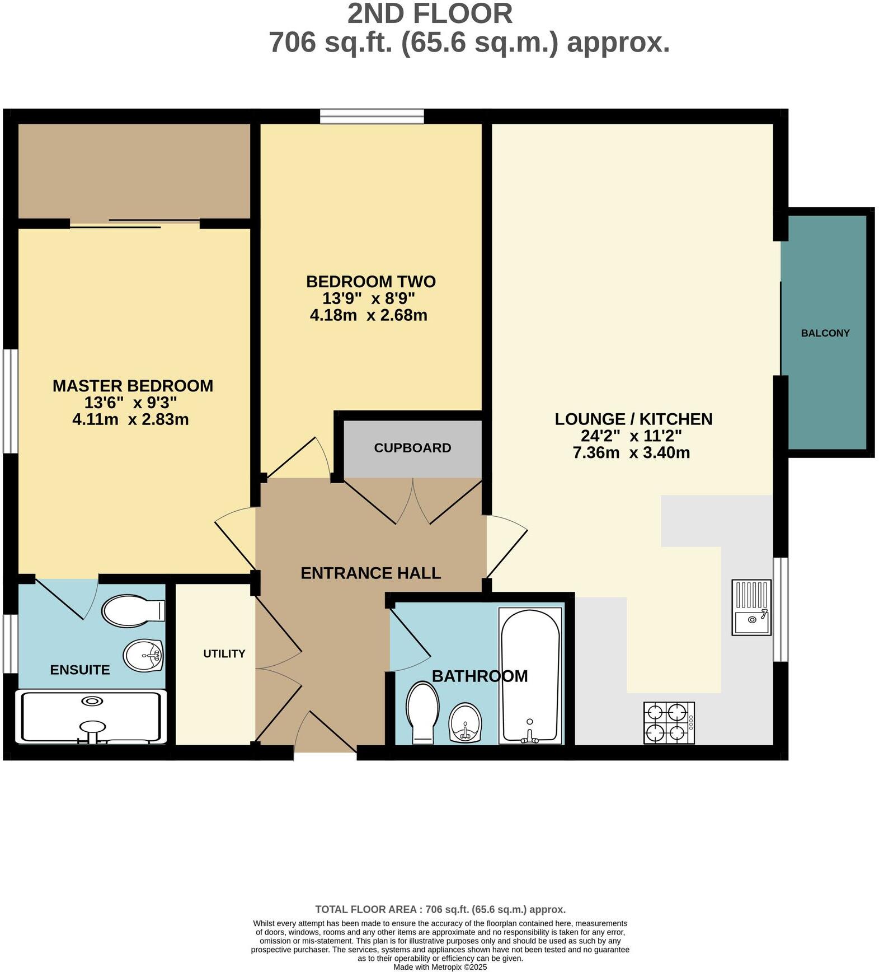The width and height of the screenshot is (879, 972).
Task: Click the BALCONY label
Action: [x=825, y=333]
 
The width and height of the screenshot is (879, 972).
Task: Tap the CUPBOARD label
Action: [x=412, y=448]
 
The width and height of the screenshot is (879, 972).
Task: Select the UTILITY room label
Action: [x=224, y=653]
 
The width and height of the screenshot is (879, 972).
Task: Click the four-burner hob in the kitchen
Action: [x=669, y=723]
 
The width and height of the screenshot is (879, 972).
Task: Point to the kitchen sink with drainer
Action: [x=751, y=607]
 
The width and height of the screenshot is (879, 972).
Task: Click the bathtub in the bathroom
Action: [x=529, y=676]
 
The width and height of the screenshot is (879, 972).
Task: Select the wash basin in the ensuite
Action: [x=143, y=655]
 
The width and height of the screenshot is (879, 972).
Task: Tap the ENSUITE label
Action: [x=80, y=670]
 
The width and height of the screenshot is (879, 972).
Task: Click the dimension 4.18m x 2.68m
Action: [x=368, y=315]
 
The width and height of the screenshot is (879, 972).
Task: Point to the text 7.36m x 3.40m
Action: [x=631, y=452]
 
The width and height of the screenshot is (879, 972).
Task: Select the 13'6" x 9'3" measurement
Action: [x=130, y=403]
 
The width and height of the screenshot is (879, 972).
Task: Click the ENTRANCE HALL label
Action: [x=370, y=573]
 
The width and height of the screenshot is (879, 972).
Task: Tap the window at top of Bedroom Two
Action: [x=372, y=116]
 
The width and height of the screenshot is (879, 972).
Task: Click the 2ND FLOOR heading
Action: [x=430, y=14]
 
